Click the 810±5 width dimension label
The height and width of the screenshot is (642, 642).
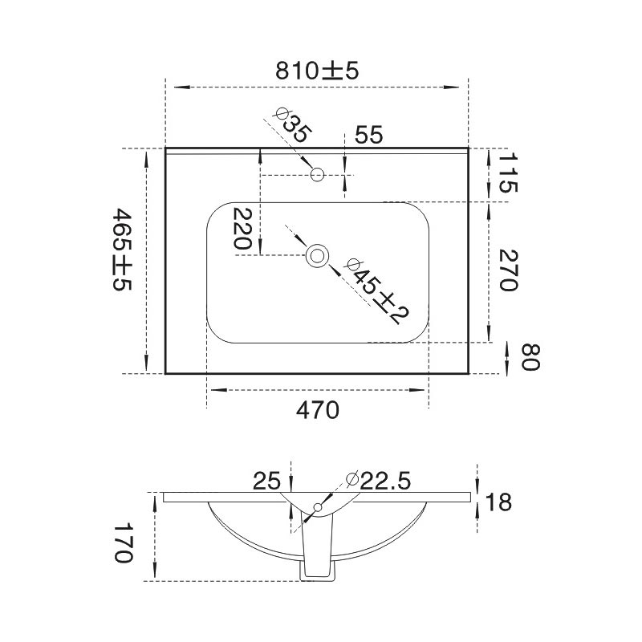click(317, 71)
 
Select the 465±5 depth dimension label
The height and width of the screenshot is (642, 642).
click(123, 250)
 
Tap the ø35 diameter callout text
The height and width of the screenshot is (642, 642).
click(294, 125)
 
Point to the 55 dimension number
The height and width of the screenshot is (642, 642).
click(368, 135)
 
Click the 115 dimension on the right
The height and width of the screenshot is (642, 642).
click(509, 173)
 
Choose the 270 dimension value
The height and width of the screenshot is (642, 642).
click(509, 270)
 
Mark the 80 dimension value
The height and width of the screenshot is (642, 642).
click(531, 357)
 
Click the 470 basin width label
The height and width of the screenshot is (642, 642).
click(318, 410)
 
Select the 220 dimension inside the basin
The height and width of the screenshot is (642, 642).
click(242, 229)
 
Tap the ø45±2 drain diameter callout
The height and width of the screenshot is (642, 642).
click(377, 291)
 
